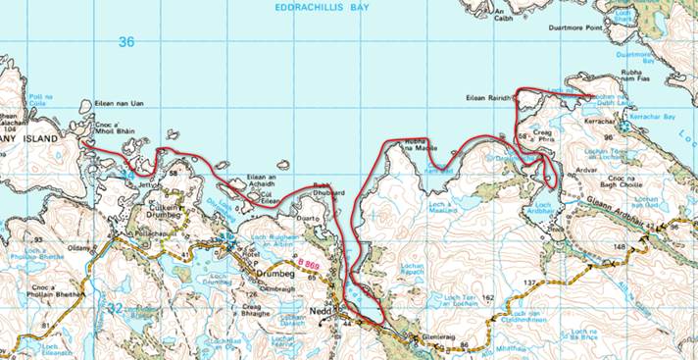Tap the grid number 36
125,42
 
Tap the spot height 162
488,295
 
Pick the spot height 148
619,246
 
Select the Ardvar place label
587,168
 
